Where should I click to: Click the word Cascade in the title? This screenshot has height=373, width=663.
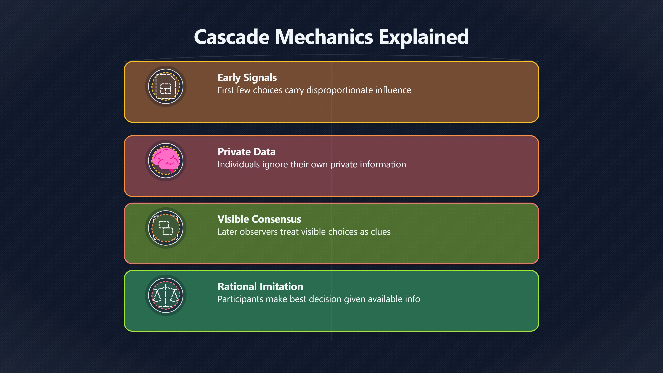click(232, 37)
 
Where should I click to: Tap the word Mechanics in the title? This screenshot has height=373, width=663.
click(324, 37)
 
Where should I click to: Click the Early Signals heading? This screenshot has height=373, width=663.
click(247, 78)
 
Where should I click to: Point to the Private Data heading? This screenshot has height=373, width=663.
click(246, 152)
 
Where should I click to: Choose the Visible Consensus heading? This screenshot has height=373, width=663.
click(259, 219)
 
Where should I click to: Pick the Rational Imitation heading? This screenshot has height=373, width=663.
click(260, 286)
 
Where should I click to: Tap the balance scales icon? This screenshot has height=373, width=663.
click(166, 295)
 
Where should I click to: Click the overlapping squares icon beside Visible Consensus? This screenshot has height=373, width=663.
click(166, 228)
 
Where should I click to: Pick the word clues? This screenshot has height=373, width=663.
click(380, 232)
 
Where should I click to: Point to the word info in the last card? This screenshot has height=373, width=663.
click(413, 299)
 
